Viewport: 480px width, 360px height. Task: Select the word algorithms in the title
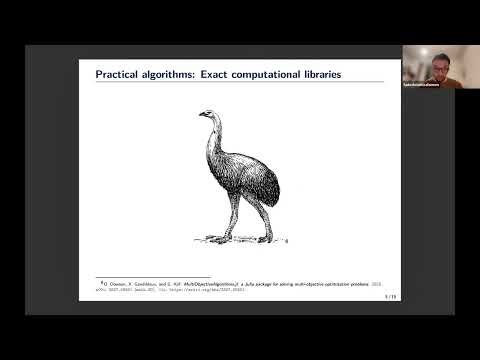click(x=166, y=74)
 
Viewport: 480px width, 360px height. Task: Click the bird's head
click(x=208, y=115)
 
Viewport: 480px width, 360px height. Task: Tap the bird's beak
click(x=201, y=116)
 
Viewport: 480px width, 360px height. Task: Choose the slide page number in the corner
click(x=388, y=296)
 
